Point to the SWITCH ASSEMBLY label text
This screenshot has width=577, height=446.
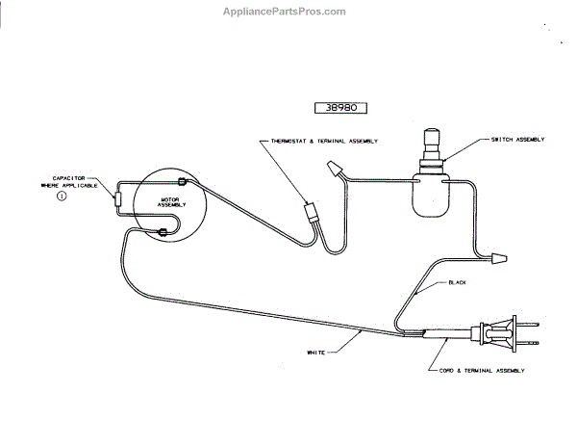tap(517, 140)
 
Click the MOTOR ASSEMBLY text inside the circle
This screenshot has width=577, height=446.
tap(171, 202)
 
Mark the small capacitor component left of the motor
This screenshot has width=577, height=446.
tap(117, 198)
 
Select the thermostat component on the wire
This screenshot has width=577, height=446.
tap(311, 211)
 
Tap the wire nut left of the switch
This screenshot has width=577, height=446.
tap(334, 171)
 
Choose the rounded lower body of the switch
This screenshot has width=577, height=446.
tap(430, 197)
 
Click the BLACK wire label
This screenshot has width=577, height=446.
tap(458, 282)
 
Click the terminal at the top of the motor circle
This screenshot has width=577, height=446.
tap(183, 182)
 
